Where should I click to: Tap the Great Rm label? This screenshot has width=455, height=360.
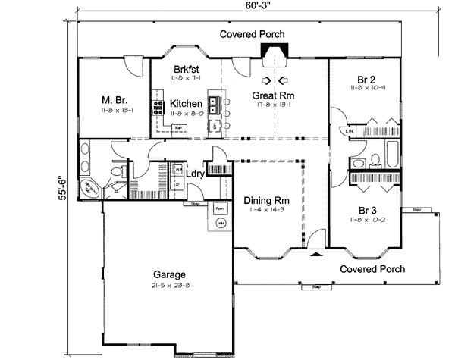(x=273, y=95)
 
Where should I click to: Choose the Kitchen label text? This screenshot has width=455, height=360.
(x=186, y=103)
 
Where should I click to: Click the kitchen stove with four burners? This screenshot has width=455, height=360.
(x=159, y=105)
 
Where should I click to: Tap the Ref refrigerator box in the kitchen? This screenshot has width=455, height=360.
(x=179, y=128)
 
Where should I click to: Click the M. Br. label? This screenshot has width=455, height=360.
(x=115, y=99)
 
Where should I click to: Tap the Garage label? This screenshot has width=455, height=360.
(x=169, y=274)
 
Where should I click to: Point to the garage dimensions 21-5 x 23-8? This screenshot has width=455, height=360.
(x=169, y=286)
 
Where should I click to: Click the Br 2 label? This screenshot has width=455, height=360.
(x=367, y=78)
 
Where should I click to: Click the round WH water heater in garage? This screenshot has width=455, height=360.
(x=221, y=224)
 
